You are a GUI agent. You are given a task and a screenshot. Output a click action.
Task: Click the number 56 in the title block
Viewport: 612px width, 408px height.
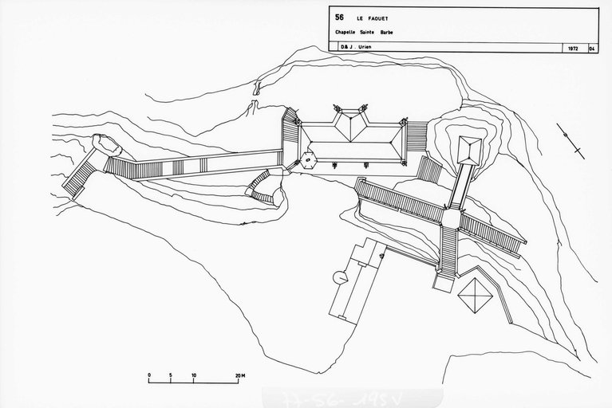pyautogui.click(x=340, y=17)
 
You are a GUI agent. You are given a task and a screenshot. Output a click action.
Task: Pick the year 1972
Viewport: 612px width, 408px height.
pyautogui.click(x=573, y=49)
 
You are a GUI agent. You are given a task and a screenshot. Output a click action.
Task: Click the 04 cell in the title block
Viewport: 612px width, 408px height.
pyautogui.click(x=592, y=49)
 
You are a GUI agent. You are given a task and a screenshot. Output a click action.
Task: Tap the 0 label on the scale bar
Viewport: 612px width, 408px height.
pyautogui.click(x=149, y=374)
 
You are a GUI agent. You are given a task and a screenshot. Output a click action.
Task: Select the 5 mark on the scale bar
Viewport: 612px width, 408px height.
pyautogui.click(x=171, y=374)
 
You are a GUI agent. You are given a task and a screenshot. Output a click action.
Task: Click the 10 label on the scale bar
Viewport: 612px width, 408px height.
pyautogui.click(x=193, y=374)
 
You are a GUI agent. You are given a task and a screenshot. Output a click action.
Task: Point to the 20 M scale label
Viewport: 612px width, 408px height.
pyautogui.click(x=239, y=374)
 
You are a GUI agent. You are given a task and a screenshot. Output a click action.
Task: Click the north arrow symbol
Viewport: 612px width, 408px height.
pyautogui.click(x=571, y=140)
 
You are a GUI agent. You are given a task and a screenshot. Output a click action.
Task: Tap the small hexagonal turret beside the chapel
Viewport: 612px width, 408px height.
pyautogui.click(x=308, y=159)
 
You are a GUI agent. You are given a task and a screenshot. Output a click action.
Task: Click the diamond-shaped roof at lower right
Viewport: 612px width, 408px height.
pyautogui.click(x=476, y=295)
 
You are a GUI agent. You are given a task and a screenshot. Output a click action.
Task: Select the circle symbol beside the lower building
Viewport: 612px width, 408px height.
pyautogui.click(x=340, y=277)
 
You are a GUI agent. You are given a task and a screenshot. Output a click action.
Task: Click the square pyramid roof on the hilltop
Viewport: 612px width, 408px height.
pyautogui.click(x=470, y=147)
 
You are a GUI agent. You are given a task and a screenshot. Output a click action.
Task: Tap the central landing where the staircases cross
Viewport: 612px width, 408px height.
pyautogui.click(x=451, y=218)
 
